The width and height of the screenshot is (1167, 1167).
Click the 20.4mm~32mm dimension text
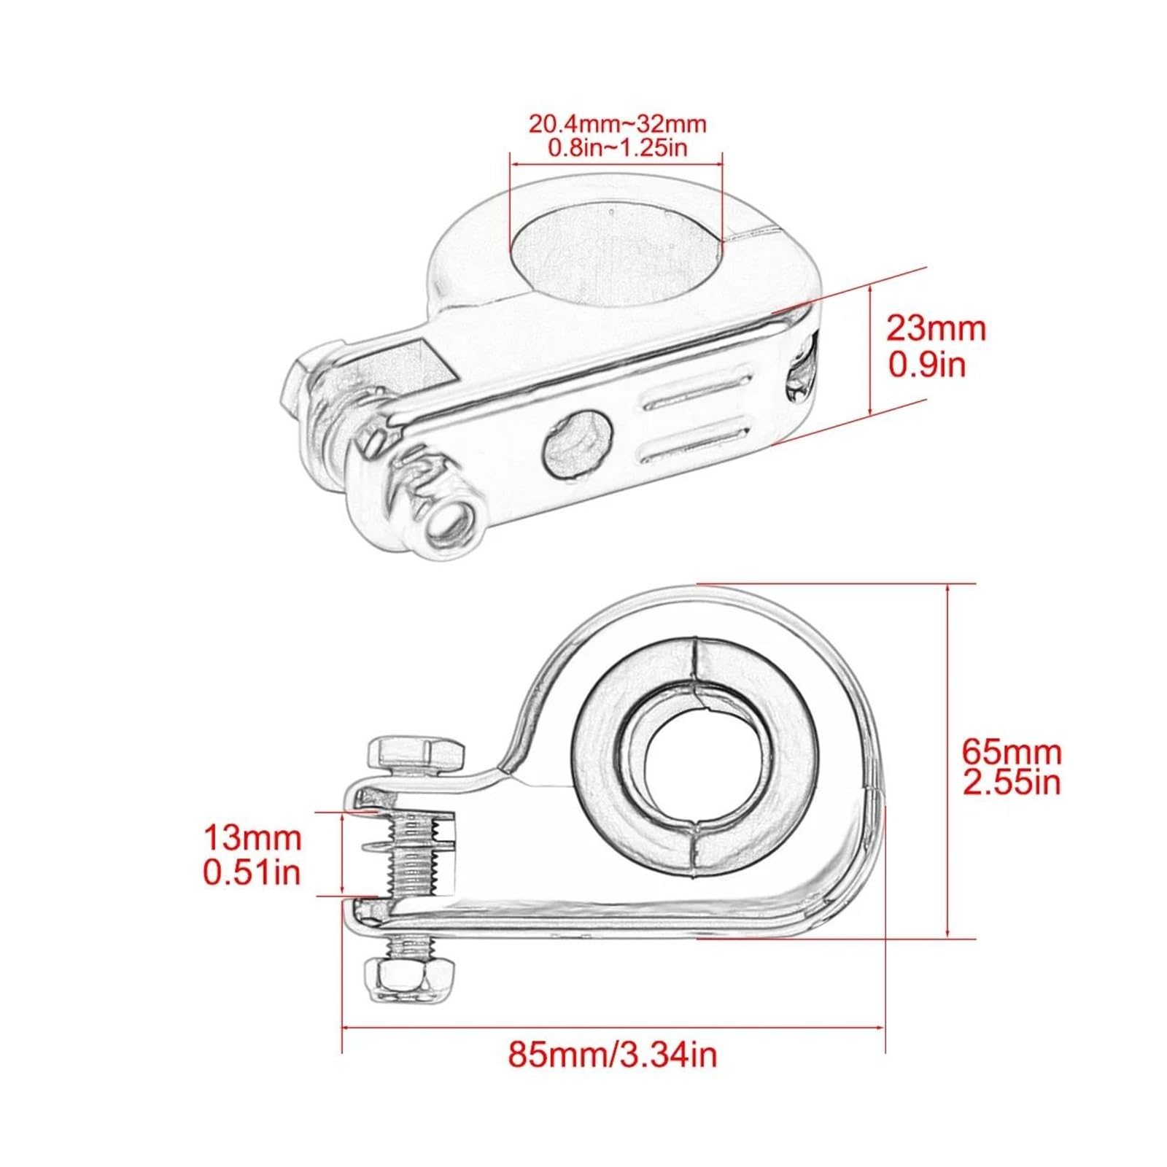[617, 124]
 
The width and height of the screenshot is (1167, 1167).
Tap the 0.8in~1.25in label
[617, 148]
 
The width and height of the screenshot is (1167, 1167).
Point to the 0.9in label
[926, 364]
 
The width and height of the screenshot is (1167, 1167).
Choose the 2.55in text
[1011, 783]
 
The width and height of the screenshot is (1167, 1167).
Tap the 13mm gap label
[252, 838]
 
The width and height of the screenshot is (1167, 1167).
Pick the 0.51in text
[252, 872]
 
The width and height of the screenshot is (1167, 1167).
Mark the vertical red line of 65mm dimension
[947, 759]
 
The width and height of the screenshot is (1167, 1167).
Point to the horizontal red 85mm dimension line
[613, 1028]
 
